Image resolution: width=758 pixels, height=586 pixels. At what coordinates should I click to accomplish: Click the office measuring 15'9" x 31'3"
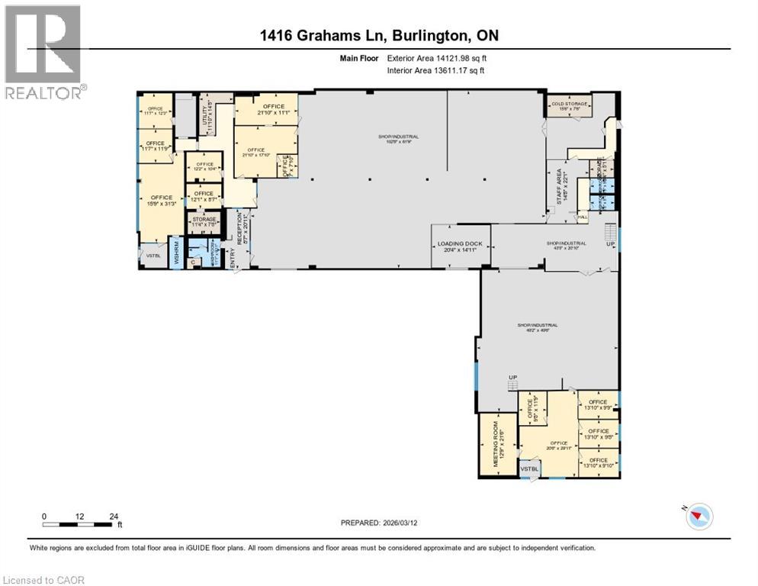tap(161, 201)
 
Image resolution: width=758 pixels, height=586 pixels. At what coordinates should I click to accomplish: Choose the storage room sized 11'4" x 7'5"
tap(204, 222)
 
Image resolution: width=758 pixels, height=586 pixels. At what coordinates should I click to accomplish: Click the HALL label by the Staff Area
tap(582, 218)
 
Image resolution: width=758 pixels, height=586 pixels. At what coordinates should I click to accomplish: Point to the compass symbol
tap(697, 517)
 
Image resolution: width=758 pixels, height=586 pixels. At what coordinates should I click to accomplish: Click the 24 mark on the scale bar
tap(114, 517)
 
